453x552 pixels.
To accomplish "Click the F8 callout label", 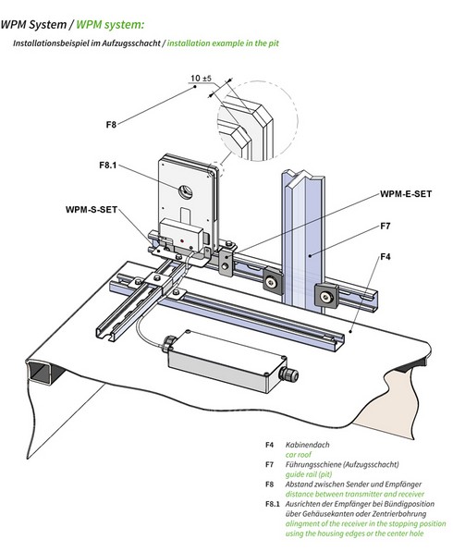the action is click(111, 125).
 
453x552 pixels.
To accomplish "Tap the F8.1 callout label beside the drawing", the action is click(108, 166).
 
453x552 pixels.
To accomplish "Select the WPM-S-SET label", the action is click(92, 210).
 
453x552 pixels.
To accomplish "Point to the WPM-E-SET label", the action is click(406, 194).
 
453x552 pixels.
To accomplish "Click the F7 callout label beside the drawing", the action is click(386, 226).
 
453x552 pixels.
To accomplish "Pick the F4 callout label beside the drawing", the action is click(386, 257).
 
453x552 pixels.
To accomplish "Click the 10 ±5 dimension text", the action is click(201, 79).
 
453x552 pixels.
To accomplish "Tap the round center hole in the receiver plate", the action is click(186, 192).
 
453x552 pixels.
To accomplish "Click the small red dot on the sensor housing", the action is click(181, 240).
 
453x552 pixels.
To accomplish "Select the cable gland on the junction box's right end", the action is click(288, 374).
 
